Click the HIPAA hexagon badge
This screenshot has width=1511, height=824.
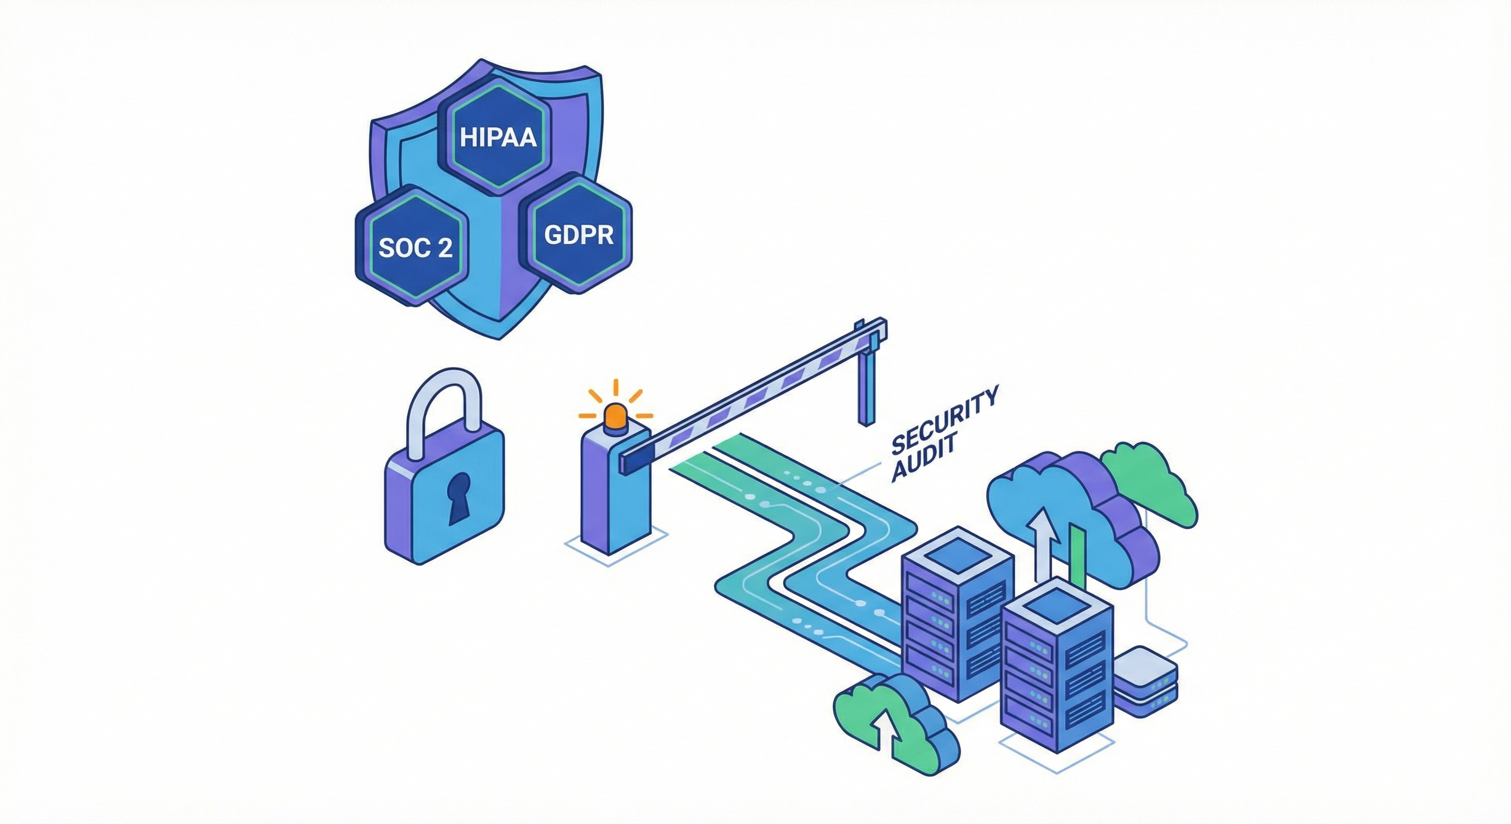pyautogui.click(x=498, y=137)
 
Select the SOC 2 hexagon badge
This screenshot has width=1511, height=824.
pyautogui.click(x=415, y=247)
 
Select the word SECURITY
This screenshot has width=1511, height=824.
pyautogui.click(x=944, y=421)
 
